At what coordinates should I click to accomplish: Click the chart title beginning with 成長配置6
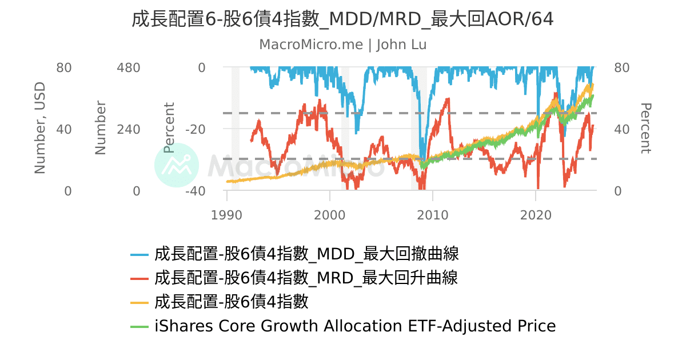[342, 19]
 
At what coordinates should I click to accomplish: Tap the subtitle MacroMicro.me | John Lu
[342, 45]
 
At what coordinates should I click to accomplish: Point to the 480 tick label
[128, 67]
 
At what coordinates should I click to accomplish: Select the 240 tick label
[128, 129]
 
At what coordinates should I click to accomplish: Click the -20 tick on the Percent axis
[194, 129]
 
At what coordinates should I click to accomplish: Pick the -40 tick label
[194, 191]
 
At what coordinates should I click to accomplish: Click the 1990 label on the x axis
[227, 215]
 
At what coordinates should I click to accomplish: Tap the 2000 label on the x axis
[330, 215]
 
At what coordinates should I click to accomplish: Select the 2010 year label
[433, 215]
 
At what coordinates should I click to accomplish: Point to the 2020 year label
[536, 215]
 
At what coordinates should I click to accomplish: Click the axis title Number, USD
[39, 128]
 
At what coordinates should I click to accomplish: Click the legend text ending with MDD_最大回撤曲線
[306, 253]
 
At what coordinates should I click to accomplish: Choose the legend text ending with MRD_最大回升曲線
[306, 278]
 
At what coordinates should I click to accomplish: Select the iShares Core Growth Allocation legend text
[355, 326]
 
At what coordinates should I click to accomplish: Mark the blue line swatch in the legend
[139, 254]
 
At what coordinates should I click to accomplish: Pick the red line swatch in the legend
[139, 278]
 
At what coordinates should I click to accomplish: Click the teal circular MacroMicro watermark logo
[177, 165]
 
